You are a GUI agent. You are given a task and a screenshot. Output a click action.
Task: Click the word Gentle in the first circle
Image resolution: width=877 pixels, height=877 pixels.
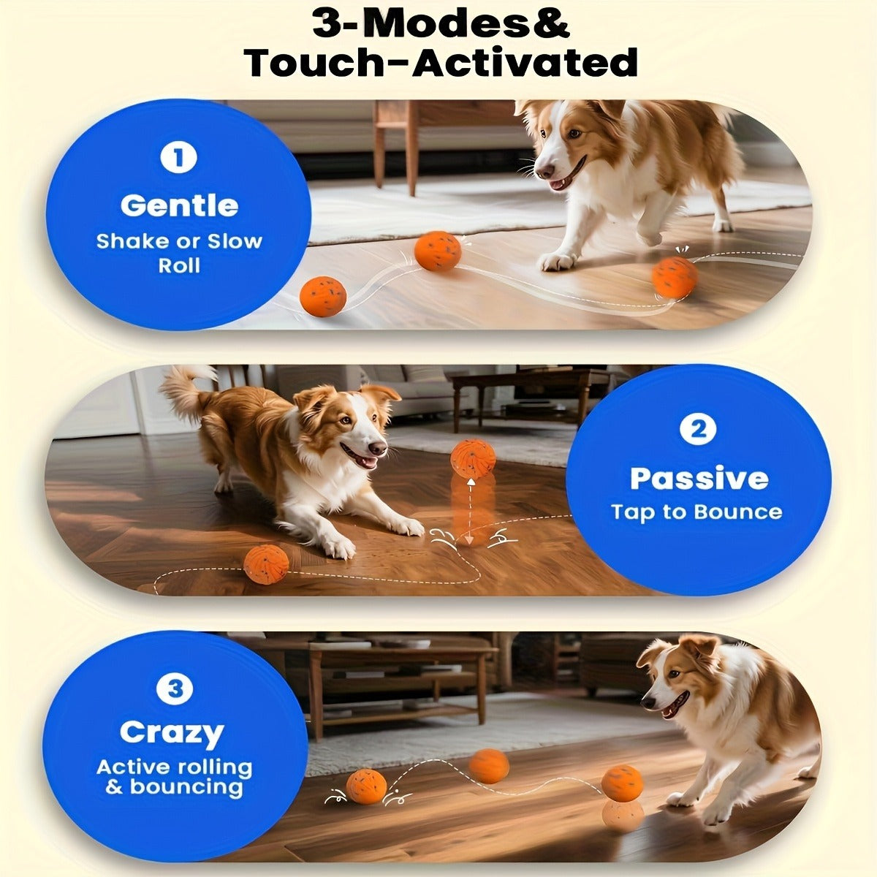(179, 205)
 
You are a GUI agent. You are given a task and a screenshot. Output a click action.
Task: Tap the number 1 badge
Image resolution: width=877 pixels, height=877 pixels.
(178, 158)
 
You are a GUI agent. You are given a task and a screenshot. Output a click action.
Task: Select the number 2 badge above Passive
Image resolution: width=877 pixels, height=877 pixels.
(698, 430)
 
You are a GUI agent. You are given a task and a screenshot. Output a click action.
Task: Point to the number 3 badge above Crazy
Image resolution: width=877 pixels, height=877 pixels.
(175, 688)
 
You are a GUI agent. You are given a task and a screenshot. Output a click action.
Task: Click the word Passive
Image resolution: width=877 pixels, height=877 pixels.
(699, 478)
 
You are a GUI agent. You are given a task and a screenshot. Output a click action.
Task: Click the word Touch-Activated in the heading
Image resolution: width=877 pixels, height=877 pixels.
(441, 62)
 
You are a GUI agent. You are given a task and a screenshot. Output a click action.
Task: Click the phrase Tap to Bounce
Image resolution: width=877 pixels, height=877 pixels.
(696, 512)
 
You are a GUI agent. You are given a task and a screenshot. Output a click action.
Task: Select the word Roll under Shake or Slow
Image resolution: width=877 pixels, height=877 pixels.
(179, 265)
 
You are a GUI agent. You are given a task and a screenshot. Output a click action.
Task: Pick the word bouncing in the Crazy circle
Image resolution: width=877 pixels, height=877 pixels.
(186, 788)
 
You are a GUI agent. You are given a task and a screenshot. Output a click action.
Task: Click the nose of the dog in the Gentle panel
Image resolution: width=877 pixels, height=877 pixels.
(544, 171)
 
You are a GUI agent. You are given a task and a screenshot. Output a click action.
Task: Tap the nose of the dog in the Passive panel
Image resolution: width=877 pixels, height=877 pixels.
(377, 449)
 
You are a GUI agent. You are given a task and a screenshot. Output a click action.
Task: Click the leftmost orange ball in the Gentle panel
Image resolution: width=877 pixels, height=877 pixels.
(323, 296)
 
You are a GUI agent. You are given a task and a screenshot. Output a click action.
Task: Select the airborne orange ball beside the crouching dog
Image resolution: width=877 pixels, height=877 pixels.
(473, 458)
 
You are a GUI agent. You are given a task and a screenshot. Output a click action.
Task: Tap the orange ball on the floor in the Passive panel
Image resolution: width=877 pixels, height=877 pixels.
(266, 565)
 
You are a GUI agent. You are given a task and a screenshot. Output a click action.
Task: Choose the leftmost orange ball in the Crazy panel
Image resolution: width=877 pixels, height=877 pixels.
(366, 786)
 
